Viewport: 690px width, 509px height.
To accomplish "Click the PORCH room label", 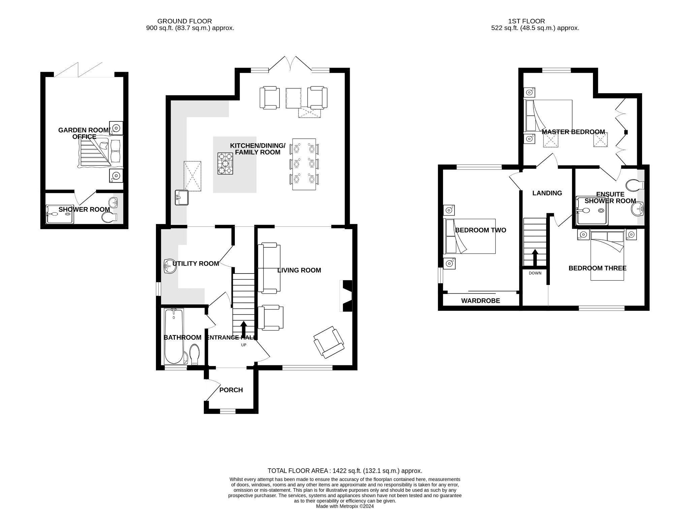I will [x=231, y=390].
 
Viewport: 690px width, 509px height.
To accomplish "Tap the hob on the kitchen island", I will [x=225, y=163].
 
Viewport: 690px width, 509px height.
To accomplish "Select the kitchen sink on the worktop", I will [x=182, y=197].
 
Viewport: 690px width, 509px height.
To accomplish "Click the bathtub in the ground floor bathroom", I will [x=174, y=336].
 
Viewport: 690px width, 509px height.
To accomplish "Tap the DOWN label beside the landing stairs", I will [x=535, y=273].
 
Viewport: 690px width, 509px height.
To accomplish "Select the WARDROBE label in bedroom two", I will [x=480, y=301].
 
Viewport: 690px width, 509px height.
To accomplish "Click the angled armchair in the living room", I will [x=328, y=342].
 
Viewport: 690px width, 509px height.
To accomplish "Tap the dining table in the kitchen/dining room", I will [x=304, y=164].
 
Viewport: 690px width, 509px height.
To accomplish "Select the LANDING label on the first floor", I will [x=547, y=193].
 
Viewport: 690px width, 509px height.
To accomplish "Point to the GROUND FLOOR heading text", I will [x=185, y=21].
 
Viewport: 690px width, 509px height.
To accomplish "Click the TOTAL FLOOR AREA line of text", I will [x=345, y=471].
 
